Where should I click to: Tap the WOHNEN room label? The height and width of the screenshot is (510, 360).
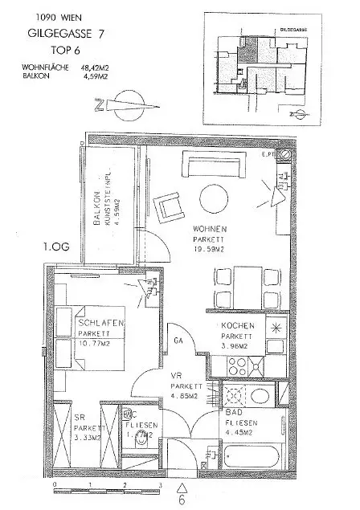tap(211, 228)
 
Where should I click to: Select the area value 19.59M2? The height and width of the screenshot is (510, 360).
tap(211, 249)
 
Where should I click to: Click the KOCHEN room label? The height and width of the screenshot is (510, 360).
tap(239, 326)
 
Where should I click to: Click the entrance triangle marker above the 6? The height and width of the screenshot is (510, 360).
tap(181, 486)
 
